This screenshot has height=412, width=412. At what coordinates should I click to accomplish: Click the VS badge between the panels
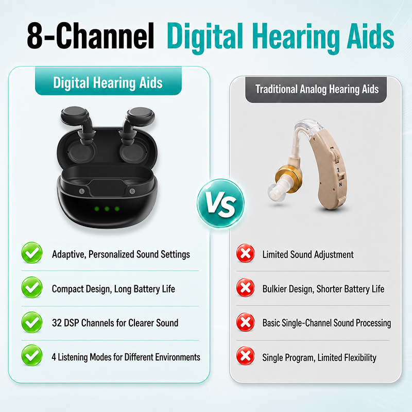(x=221, y=203)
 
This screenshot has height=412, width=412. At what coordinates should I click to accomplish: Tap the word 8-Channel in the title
(x=91, y=36)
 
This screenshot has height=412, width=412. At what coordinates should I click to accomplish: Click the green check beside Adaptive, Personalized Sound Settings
(x=32, y=253)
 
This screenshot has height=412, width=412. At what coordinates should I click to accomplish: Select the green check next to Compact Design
(x=32, y=287)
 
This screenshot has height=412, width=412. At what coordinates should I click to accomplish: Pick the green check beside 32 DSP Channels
(x=32, y=322)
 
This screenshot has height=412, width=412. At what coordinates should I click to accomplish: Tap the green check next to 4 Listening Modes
(x=32, y=355)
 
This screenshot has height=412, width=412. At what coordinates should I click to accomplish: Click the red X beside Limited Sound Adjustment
(x=246, y=253)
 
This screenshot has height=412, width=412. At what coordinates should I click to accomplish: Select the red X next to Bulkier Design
(x=246, y=288)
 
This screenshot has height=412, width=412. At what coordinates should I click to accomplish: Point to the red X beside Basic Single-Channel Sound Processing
(x=246, y=322)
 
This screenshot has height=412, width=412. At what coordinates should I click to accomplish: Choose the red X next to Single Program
(x=246, y=356)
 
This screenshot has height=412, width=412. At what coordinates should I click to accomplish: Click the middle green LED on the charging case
(x=107, y=209)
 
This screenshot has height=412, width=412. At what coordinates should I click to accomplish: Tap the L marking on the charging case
(x=82, y=191)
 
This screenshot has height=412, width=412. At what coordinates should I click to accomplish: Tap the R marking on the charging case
(x=132, y=191)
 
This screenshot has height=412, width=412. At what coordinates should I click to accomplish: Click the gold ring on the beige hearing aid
(x=288, y=179)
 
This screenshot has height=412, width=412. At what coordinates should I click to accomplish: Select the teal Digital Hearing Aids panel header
(x=108, y=81)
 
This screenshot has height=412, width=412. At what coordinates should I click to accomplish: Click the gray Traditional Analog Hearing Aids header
(x=316, y=90)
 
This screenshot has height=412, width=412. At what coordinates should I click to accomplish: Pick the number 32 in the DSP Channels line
(x=57, y=323)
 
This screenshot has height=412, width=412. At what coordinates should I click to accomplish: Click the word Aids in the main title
(x=370, y=36)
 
